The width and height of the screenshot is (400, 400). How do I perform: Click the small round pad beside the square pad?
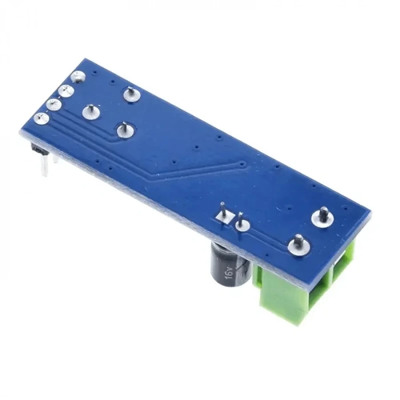(243, 224)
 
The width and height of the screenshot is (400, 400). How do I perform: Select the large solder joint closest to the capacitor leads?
(299, 246)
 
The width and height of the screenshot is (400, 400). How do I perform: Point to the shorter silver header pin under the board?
(55, 159)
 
